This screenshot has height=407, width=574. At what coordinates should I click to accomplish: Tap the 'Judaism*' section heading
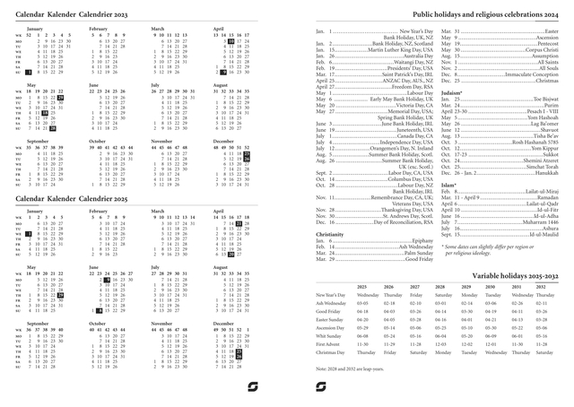[454, 117]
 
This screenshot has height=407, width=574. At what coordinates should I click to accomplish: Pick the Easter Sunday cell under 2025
[362, 318]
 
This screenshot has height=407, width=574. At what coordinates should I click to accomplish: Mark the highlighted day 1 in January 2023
[30, 71]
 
